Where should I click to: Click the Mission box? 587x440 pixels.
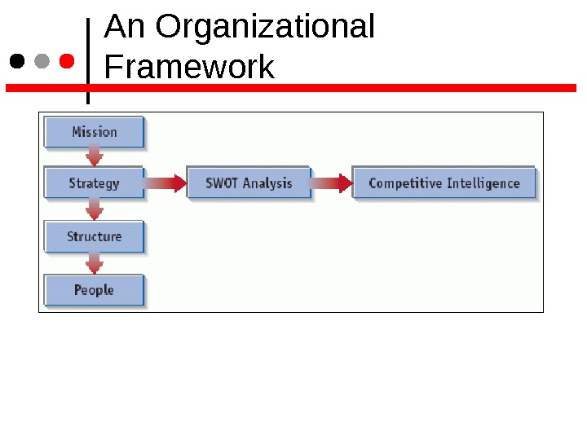[x=94, y=132]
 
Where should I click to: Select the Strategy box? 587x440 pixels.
[x=94, y=183]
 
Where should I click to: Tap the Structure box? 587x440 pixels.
[x=94, y=237]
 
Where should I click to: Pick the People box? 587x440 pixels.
[x=94, y=290]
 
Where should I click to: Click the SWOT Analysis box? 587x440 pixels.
[x=249, y=183]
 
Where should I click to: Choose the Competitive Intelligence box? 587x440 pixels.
[x=444, y=183]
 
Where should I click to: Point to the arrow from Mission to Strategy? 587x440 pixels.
[x=95, y=156]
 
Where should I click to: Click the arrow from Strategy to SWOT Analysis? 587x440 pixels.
[x=166, y=183]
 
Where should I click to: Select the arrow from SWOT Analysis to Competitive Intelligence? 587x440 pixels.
[x=332, y=183]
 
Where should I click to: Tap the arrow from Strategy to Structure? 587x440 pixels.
[x=95, y=210]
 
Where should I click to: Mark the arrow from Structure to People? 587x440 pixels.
[x=95, y=263]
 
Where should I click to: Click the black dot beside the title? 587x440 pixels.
[x=17, y=61]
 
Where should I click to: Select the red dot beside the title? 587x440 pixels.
[x=67, y=61]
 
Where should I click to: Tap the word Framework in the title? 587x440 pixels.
[x=189, y=67]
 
